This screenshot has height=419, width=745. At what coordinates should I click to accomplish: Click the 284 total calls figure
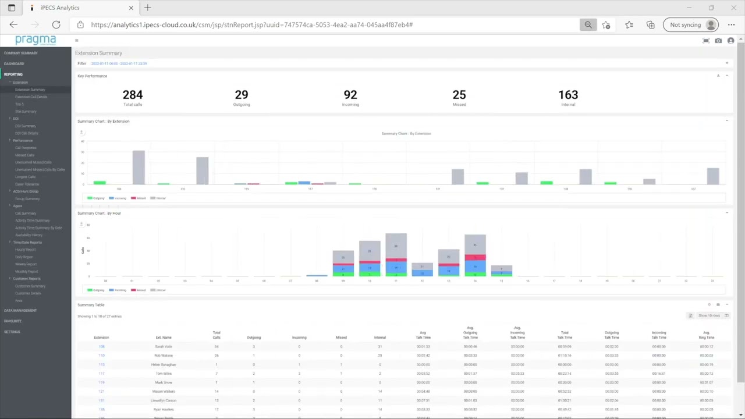click(133, 95)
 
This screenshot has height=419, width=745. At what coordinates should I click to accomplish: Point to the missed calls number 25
click(459, 95)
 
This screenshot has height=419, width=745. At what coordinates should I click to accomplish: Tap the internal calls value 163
click(568, 95)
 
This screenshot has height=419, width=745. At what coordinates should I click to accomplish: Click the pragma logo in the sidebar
click(36, 40)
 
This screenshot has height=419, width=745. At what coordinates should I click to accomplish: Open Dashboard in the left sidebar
click(14, 63)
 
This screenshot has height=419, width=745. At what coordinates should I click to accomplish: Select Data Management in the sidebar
click(20, 310)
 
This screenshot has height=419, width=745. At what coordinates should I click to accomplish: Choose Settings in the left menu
click(12, 332)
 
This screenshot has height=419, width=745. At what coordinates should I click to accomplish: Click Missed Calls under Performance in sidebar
click(24, 155)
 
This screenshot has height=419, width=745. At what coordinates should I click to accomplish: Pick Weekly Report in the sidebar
click(26, 264)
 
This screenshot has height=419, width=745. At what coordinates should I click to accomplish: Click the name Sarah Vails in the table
click(164, 346)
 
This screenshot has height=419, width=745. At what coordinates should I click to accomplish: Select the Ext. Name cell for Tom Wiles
click(164, 374)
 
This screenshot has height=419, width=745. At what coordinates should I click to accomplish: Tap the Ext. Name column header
click(164, 338)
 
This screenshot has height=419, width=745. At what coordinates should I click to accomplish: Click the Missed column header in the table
click(341, 338)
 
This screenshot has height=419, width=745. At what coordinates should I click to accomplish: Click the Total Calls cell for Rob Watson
click(217, 356)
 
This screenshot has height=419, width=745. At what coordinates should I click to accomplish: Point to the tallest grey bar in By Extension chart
click(139, 168)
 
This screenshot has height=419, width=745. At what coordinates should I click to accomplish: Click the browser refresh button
click(56, 24)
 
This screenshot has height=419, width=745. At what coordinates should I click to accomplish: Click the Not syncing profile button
click(693, 24)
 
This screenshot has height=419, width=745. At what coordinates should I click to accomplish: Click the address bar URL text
click(251, 24)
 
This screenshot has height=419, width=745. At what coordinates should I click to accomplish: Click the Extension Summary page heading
click(98, 53)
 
